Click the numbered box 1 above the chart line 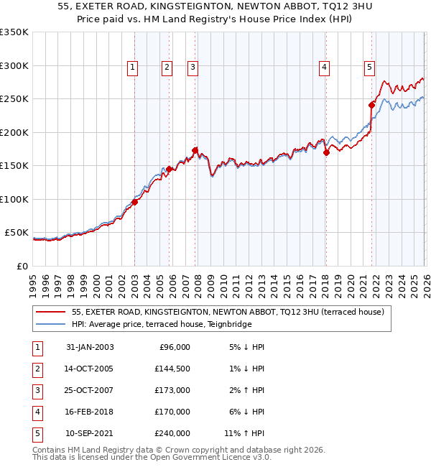134,68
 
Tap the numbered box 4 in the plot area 325,68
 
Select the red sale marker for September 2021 372,105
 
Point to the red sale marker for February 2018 326,152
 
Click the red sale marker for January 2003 135,202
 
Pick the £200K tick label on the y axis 14,132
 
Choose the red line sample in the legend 51,312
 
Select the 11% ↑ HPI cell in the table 244,433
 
